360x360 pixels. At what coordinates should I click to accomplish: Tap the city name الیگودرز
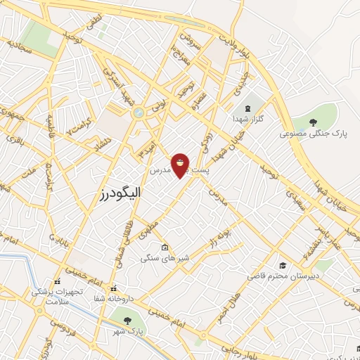click(122, 191)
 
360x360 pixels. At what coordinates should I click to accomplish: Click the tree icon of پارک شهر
click(127, 321)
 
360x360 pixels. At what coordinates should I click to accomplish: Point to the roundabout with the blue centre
click(139, 112)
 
